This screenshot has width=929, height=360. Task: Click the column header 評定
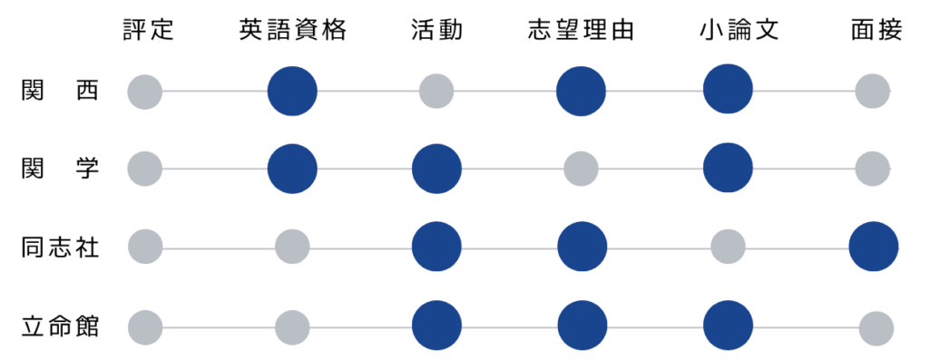click(x=148, y=31)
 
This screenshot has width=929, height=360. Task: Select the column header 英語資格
click(x=292, y=31)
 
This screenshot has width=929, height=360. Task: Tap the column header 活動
click(x=436, y=31)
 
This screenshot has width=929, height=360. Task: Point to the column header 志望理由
click(x=581, y=31)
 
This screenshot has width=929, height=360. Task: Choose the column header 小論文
click(x=728, y=31)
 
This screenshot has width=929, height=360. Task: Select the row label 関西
click(x=61, y=91)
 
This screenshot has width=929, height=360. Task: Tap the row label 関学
click(x=61, y=168)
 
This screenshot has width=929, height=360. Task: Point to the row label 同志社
click(x=61, y=247)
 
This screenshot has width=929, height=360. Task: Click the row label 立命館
click(x=61, y=326)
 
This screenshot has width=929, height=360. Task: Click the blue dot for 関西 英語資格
click(x=292, y=91)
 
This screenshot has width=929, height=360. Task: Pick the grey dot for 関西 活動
click(x=436, y=91)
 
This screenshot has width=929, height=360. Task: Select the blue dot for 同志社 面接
click(x=874, y=247)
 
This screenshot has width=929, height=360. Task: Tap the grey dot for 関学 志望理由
click(x=581, y=168)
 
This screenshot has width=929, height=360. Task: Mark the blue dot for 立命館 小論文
click(x=728, y=326)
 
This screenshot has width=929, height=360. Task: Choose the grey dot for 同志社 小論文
click(x=728, y=247)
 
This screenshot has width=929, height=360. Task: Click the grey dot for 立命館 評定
click(x=145, y=326)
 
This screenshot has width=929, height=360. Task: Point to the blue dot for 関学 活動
click(x=436, y=168)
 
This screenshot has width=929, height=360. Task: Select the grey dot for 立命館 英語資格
click(x=292, y=326)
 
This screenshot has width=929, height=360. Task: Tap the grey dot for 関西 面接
click(x=873, y=91)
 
